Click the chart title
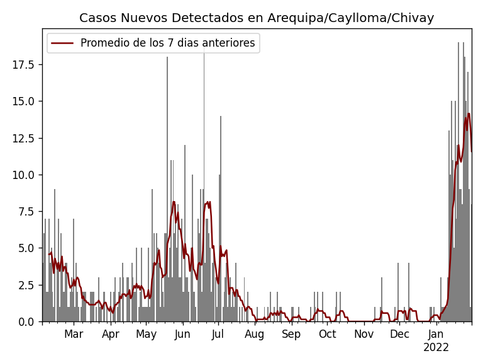[257, 18]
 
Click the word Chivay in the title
[413, 18]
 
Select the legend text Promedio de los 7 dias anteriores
[167, 43]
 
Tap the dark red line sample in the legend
[62, 43]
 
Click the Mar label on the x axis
[74, 335]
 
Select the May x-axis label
[147, 335]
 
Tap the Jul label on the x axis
[218, 335]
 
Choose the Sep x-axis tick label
[291, 335]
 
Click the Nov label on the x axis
[364, 335]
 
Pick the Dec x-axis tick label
[399, 335]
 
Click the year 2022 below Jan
[436, 348]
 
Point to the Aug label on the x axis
[255, 335]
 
